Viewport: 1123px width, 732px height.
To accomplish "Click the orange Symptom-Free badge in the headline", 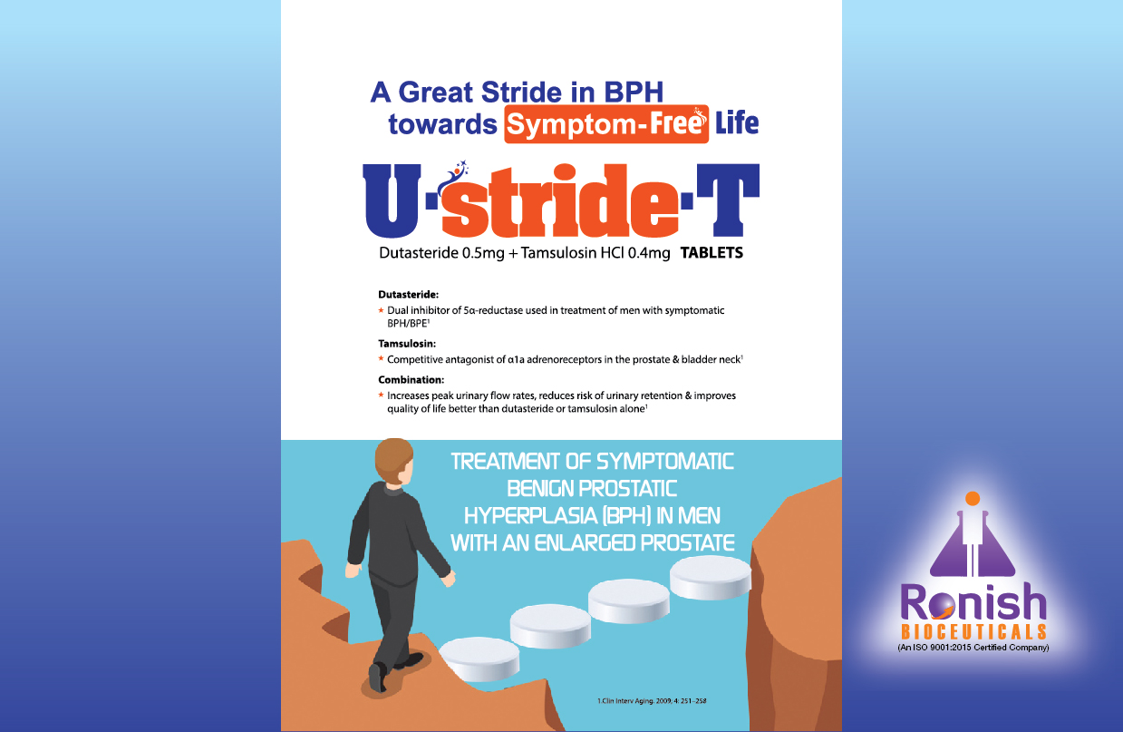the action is pos(606,124).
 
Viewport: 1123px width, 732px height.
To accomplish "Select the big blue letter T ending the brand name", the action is pos(728,200).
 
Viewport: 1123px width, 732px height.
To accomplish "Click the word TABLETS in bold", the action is pos(712,252).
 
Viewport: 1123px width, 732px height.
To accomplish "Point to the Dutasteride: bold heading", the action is pos(408,295).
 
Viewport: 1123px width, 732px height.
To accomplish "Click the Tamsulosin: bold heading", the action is pos(407,344).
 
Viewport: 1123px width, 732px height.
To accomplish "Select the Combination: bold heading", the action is pos(411,380).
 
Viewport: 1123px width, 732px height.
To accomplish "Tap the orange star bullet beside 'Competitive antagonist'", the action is pos(381,358).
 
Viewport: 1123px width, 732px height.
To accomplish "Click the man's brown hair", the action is pos(392,457).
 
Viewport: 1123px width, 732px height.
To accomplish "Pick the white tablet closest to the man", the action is pos(479,658).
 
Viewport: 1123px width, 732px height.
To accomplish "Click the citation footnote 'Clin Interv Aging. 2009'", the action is pos(652,701).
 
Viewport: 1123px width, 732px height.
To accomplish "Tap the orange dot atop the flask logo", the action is pos(973,498).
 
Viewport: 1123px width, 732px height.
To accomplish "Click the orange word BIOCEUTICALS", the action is pos(973,632).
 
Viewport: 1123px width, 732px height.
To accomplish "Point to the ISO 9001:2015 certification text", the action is pos(973,648).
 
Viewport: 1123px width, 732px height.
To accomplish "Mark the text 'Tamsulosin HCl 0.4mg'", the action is pos(595,252).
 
